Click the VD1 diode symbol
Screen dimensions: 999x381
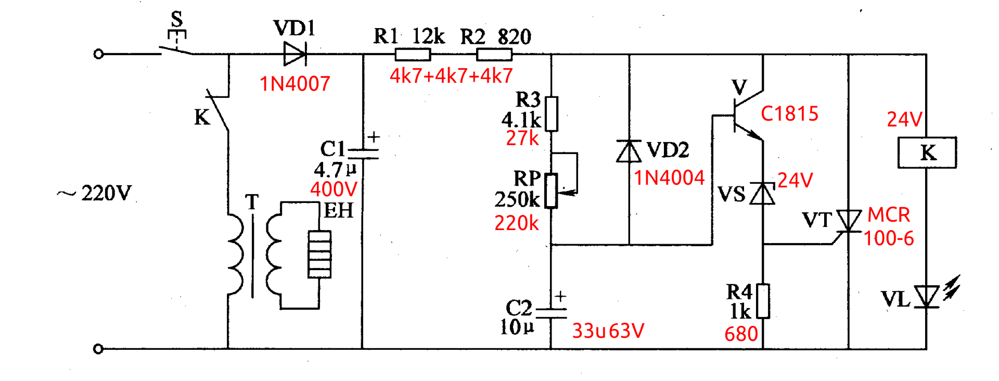[295, 54]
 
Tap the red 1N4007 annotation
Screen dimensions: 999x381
[295, 84]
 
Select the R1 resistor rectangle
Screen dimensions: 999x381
[413, 54]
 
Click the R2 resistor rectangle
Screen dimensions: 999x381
[494, 54]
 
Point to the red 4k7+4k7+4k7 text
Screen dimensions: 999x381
[451, 76]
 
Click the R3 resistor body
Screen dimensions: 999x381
[552, 113]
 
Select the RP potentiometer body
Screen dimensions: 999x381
[552, 191]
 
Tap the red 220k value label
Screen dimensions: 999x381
[517, 223]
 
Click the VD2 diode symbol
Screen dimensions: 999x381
[629, 151]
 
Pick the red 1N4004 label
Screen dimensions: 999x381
[669, 178]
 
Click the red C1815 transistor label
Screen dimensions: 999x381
[790, 113]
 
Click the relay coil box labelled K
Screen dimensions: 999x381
[927, 153]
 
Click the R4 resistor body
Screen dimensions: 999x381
[763, 301]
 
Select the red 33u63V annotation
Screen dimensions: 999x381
[608, 331]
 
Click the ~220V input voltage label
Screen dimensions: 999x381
[94, 194]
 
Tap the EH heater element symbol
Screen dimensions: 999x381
[319, 255]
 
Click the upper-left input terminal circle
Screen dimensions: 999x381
[98, 54]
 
